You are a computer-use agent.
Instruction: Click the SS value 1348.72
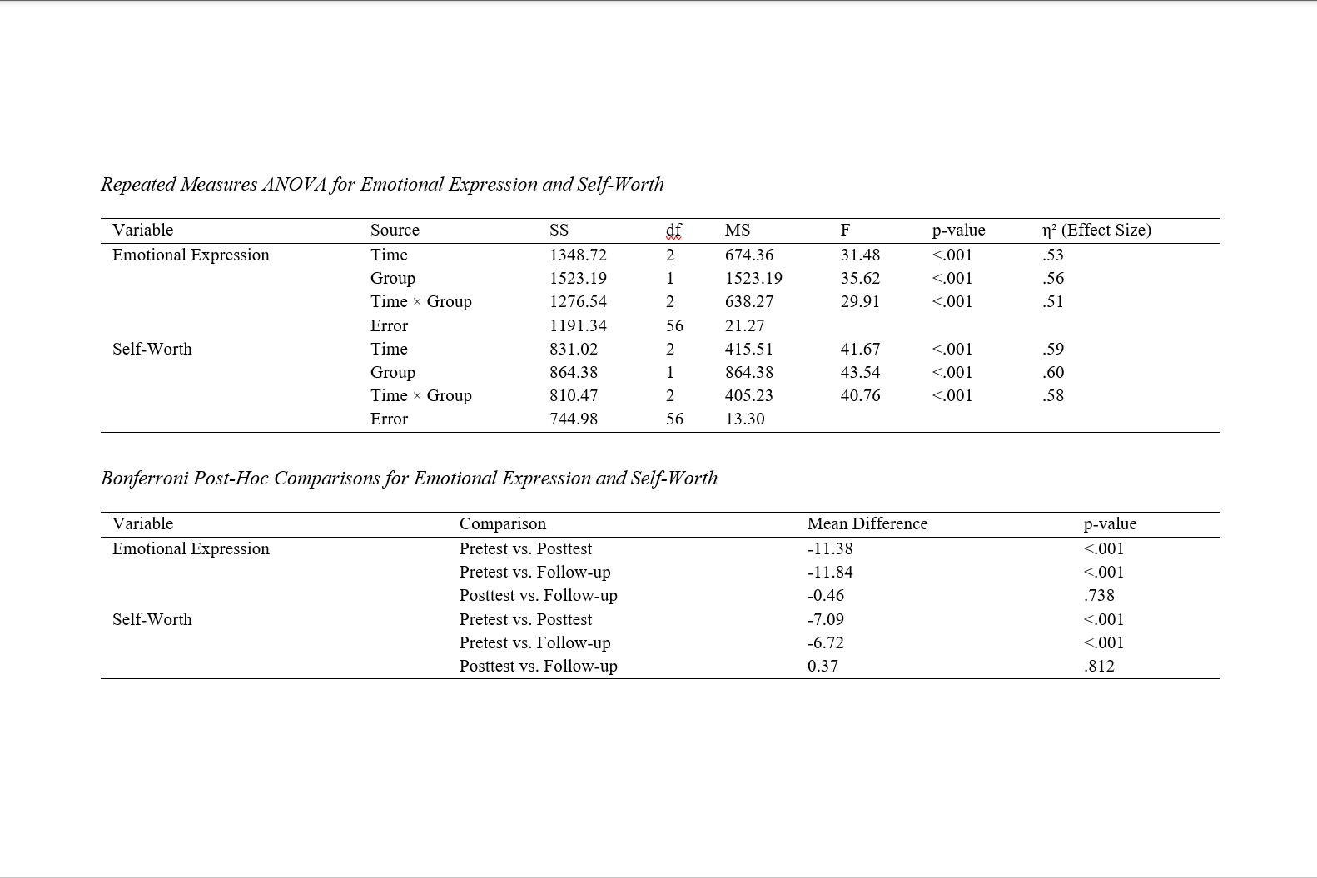pos(578,255)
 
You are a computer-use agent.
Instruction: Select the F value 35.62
pos(860,279)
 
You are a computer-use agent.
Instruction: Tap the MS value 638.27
pos(749,302)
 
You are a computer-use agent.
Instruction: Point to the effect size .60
pos(1053,373)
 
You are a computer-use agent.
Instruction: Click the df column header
pos(673,231)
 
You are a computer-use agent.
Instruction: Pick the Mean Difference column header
pos(867,524)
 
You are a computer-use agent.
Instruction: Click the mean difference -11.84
pos(830,573)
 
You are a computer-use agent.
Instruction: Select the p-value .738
pos(1099,596)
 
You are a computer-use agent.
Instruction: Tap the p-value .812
pos(1099,667)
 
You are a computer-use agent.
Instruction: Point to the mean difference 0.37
pos(823,667)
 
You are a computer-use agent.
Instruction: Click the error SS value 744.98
pos(574,419)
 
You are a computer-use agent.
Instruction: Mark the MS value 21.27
pos(744,326)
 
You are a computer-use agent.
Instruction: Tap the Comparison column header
pos(503,524)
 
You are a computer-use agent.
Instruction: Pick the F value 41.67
pos(860,350)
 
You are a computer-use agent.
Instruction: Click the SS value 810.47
pos(574,396)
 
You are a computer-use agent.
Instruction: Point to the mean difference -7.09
pos(826,620)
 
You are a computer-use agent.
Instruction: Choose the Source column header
pos(395,231)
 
